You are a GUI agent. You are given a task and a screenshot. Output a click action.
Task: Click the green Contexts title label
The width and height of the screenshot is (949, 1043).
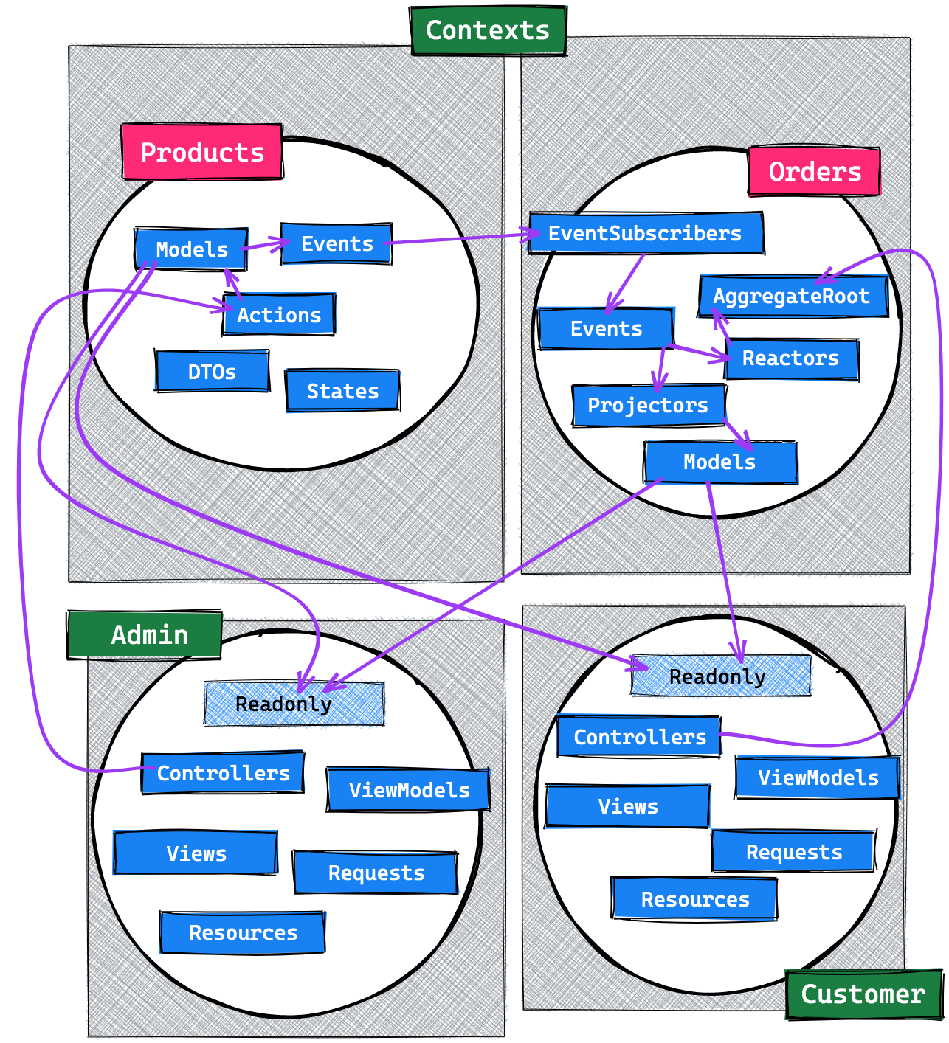[488, 30]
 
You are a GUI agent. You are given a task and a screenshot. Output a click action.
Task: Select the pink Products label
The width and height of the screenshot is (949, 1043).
[202, 152]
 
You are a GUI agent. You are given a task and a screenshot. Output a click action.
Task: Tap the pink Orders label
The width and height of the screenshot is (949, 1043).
[814, 172]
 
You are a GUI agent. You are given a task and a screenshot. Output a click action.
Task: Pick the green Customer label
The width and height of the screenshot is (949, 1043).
[863, 994]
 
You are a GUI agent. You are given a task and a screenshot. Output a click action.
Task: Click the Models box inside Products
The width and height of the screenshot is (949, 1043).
[191, 249]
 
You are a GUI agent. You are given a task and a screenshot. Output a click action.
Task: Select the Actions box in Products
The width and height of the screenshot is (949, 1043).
[279, 315]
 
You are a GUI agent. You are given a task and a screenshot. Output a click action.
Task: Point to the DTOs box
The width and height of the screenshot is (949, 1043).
[212, 371]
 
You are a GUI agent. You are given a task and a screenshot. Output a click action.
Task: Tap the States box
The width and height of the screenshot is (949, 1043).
[342, 391]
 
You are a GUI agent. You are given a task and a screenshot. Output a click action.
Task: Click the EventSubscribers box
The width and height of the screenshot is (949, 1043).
[646, 234]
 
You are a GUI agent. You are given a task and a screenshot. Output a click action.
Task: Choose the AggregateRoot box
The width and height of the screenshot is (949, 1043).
[793, 297]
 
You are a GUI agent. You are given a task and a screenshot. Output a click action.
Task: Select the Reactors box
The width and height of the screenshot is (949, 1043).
[791, 358]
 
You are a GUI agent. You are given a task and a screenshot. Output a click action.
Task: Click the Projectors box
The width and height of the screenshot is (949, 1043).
[648, 405]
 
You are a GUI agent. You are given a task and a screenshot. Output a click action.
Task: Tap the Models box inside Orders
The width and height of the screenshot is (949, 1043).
[720, 462]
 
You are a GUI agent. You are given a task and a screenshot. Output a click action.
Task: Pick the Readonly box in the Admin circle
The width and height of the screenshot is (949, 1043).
[294, 704]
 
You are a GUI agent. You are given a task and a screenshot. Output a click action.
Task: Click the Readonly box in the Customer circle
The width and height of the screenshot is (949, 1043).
[720, 676]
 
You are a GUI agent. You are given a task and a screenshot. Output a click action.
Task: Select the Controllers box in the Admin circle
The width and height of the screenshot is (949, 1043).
[223, 773]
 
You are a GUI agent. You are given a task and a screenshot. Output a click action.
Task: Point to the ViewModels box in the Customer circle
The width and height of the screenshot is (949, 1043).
[818, 777]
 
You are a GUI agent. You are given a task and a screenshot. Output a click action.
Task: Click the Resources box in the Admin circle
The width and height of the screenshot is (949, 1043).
[243, 932]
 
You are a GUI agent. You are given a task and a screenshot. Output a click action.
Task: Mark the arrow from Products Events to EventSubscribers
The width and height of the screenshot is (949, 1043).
[461, 238]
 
